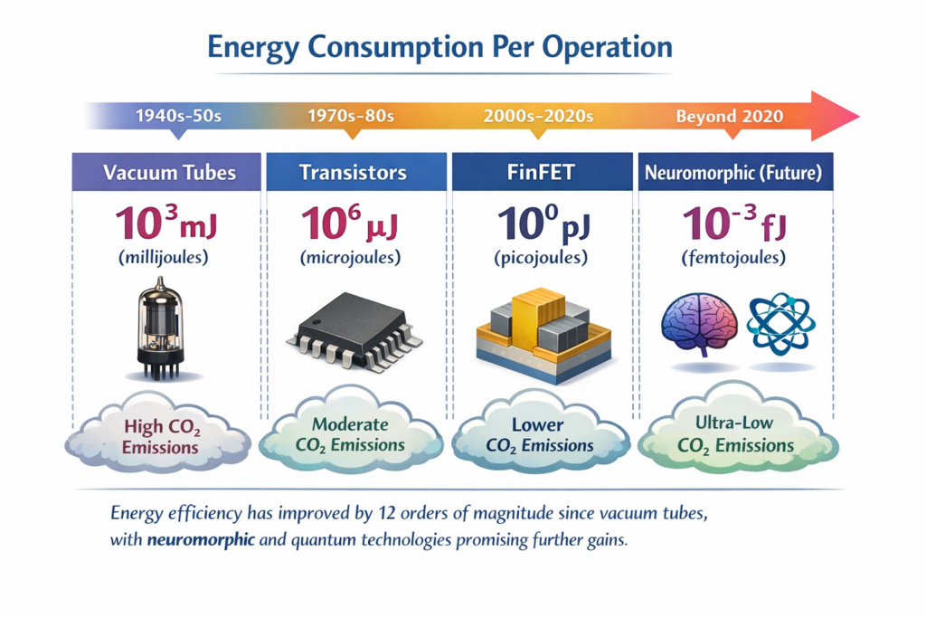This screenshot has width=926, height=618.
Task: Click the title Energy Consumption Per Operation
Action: click(439, 47)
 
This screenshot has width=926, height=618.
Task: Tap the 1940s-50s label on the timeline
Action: click(177, 116)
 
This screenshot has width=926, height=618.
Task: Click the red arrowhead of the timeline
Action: click(834, 116)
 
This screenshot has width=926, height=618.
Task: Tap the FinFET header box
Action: click(541, 172)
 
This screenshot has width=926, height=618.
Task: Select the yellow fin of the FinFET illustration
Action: click(538, 317)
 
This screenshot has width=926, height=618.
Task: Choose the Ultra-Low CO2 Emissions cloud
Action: click(733, 433)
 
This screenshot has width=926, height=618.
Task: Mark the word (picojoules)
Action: click(541, 258)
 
